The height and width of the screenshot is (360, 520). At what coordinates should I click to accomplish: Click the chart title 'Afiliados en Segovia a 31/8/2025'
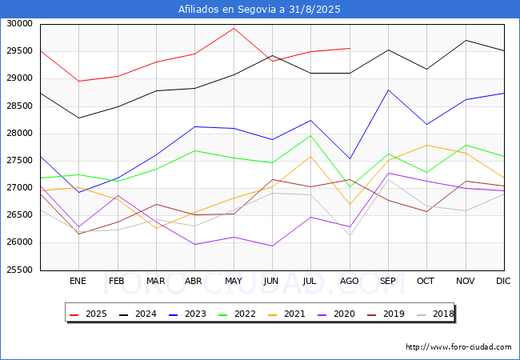point(260,10)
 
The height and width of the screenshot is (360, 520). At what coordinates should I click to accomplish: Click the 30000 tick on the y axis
point(19,24)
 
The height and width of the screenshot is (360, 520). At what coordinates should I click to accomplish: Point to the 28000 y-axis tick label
point(19,134)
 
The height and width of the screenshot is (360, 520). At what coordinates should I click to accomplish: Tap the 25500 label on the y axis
point(19,270)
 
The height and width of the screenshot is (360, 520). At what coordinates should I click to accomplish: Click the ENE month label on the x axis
point(78,281)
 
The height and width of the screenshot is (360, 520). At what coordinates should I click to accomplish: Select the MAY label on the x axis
point(234,281)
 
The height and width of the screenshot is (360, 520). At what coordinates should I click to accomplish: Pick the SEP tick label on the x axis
point(388,281)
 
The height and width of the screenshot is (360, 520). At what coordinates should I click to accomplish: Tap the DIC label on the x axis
point(503,281)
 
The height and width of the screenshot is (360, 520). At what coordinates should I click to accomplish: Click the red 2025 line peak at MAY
point(234,28)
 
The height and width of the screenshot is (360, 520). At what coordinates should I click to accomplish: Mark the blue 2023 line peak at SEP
point(388,90)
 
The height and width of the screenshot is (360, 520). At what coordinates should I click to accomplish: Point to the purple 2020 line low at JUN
point(272,246)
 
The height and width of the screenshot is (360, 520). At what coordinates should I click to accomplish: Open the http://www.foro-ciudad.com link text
point(458,347)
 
